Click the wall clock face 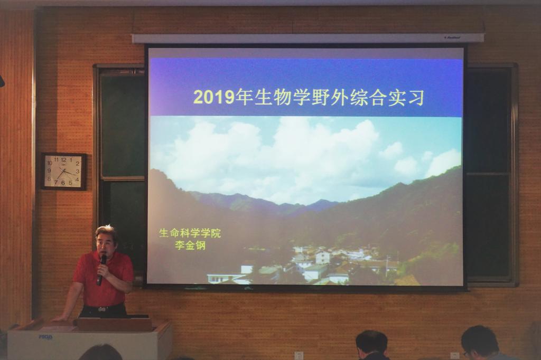[x=63, y=171]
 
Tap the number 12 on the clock [x=63, y=160]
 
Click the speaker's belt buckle [x=101, y=309]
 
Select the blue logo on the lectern [x=45, y=337]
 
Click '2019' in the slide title [x=214, y=98]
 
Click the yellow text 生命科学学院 [x=190, y=233]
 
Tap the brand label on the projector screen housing [x=452, y=37]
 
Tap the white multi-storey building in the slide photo [x=323, y=257]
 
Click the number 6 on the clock [x=63, y=183]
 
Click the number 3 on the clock [x=78, y=172]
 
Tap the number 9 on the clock [x=49, y=170]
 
